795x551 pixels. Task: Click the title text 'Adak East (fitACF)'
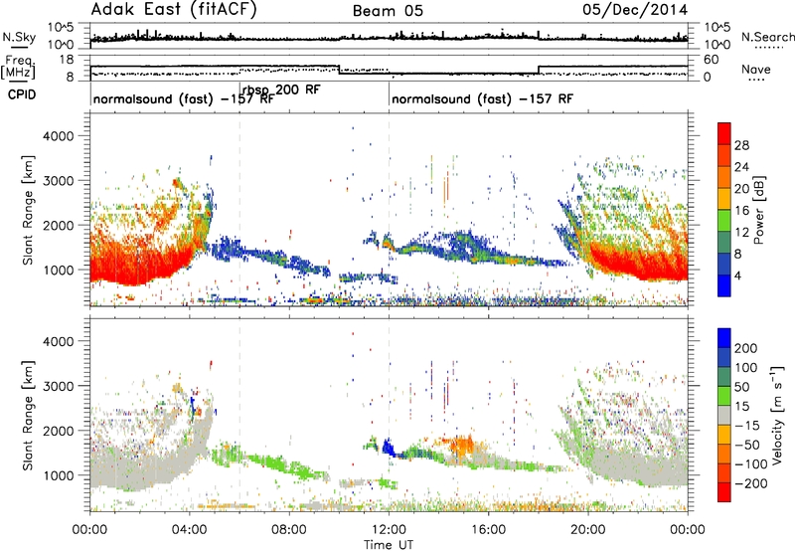coord(173,9)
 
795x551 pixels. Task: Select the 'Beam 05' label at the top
coord(388,11)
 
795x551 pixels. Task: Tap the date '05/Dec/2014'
coord(635,10)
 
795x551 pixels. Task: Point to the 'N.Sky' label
coord(19,37)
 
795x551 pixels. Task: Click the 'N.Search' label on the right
coord(767,37)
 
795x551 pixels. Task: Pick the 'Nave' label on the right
coord(756,69)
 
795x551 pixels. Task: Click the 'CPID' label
coord(22,94)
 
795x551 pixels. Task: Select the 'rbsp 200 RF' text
coord(281,91)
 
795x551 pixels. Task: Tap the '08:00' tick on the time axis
coord(289,529)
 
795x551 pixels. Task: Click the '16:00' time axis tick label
coord(488,529)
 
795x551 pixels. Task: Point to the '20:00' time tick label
coord(588,529)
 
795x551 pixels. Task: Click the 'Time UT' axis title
coord(389,544)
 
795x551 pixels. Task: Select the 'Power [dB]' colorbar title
coord(759,210)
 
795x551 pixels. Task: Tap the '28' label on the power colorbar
coord(741,145)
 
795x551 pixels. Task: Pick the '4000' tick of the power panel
coord(58,136)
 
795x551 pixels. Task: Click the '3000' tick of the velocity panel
coord(58,386)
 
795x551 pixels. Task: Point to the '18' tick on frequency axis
coord(67,60)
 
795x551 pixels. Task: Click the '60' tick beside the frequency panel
coord(712,60)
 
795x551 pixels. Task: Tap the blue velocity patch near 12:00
coord(389,448)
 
